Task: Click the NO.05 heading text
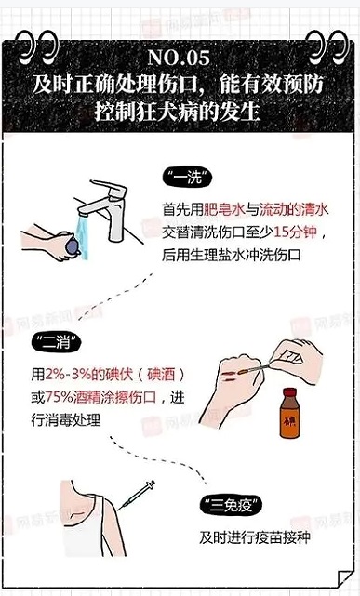[179, 59]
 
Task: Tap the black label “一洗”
[188, 178]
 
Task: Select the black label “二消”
[56, 344]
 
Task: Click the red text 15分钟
[295, 232]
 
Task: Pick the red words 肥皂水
[224, 209]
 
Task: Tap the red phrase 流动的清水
[294, 209]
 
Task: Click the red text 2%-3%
[68, 375]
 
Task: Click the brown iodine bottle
[289, 413]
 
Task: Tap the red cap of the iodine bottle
[289, 392]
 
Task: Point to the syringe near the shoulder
[136, 495]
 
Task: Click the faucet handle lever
[109, 187]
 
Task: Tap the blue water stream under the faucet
[82, 237]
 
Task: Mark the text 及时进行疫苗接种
[255, 537]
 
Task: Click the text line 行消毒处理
[66, 420]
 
